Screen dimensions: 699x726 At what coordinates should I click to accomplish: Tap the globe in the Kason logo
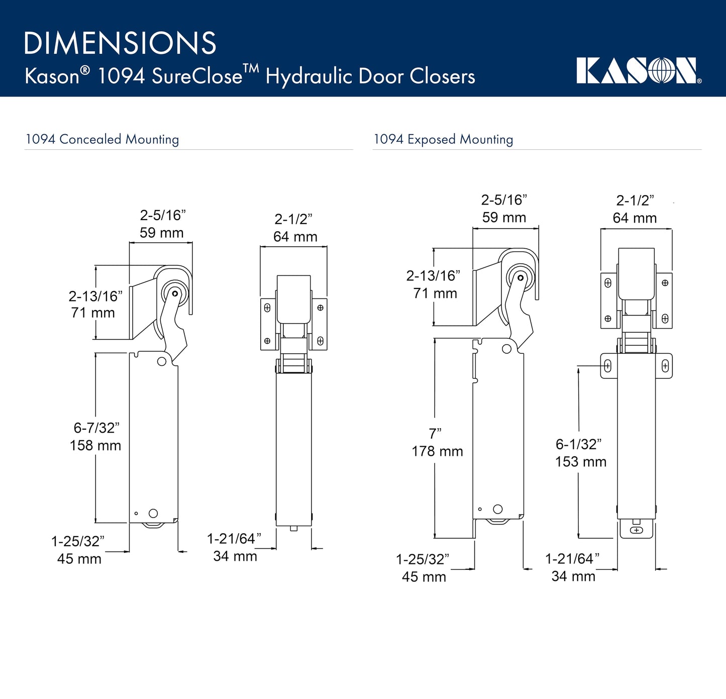coord(662,71)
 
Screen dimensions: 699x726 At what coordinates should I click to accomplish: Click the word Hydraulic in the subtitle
coord(309,77)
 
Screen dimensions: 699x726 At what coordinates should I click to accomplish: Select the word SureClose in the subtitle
coord(197,77)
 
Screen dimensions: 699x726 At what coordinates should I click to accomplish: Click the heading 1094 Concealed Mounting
coord(102,139)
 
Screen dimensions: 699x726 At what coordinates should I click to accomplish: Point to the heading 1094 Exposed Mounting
coord(443,139)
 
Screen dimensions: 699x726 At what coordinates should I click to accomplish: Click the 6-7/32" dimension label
coord(96,428)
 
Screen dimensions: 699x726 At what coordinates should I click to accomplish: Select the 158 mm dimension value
coord(95,445)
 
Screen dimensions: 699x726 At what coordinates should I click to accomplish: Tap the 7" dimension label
coord(435,434)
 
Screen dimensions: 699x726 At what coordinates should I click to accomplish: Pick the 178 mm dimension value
coord(437,451)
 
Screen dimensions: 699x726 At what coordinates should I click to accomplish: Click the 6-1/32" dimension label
coord(578,444)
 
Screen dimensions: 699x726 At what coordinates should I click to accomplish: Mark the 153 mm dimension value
coord(581,462)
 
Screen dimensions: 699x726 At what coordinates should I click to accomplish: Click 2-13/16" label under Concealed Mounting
coord(95,296)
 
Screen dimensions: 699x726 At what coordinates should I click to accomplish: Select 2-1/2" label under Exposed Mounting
coord(635,201)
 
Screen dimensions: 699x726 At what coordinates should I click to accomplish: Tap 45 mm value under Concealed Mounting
coord(79,559)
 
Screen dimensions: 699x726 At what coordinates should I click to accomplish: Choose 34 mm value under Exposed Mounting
coord(573,576)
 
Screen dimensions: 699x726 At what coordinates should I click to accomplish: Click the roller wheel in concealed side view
coord(174,293)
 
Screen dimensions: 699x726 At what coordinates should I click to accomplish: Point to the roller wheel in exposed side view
coord(520,277)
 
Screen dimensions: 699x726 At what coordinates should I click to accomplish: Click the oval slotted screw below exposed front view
coord(636,530)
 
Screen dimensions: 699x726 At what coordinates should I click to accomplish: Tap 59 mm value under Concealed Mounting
coord(161,233)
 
